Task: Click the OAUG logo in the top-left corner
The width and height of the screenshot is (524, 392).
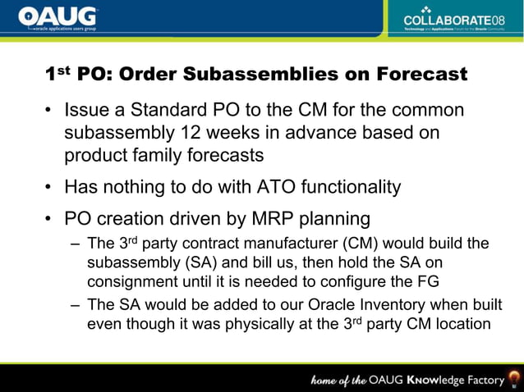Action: [x=57, y=17]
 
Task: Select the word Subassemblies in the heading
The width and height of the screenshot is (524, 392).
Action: [x=264, y=75]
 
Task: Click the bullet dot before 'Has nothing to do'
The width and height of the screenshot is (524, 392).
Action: [x=50, y=188]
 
